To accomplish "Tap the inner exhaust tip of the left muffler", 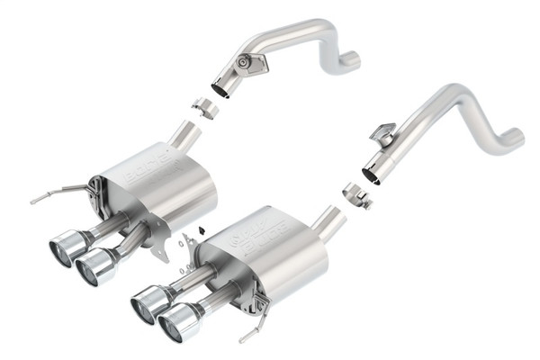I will pos(95,265).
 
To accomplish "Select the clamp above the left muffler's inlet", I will pos(207,109).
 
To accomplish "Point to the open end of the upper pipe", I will pos(221,88).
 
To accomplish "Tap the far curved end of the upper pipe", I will pos(351,61).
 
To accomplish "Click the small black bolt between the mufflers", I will pos(202,230).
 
